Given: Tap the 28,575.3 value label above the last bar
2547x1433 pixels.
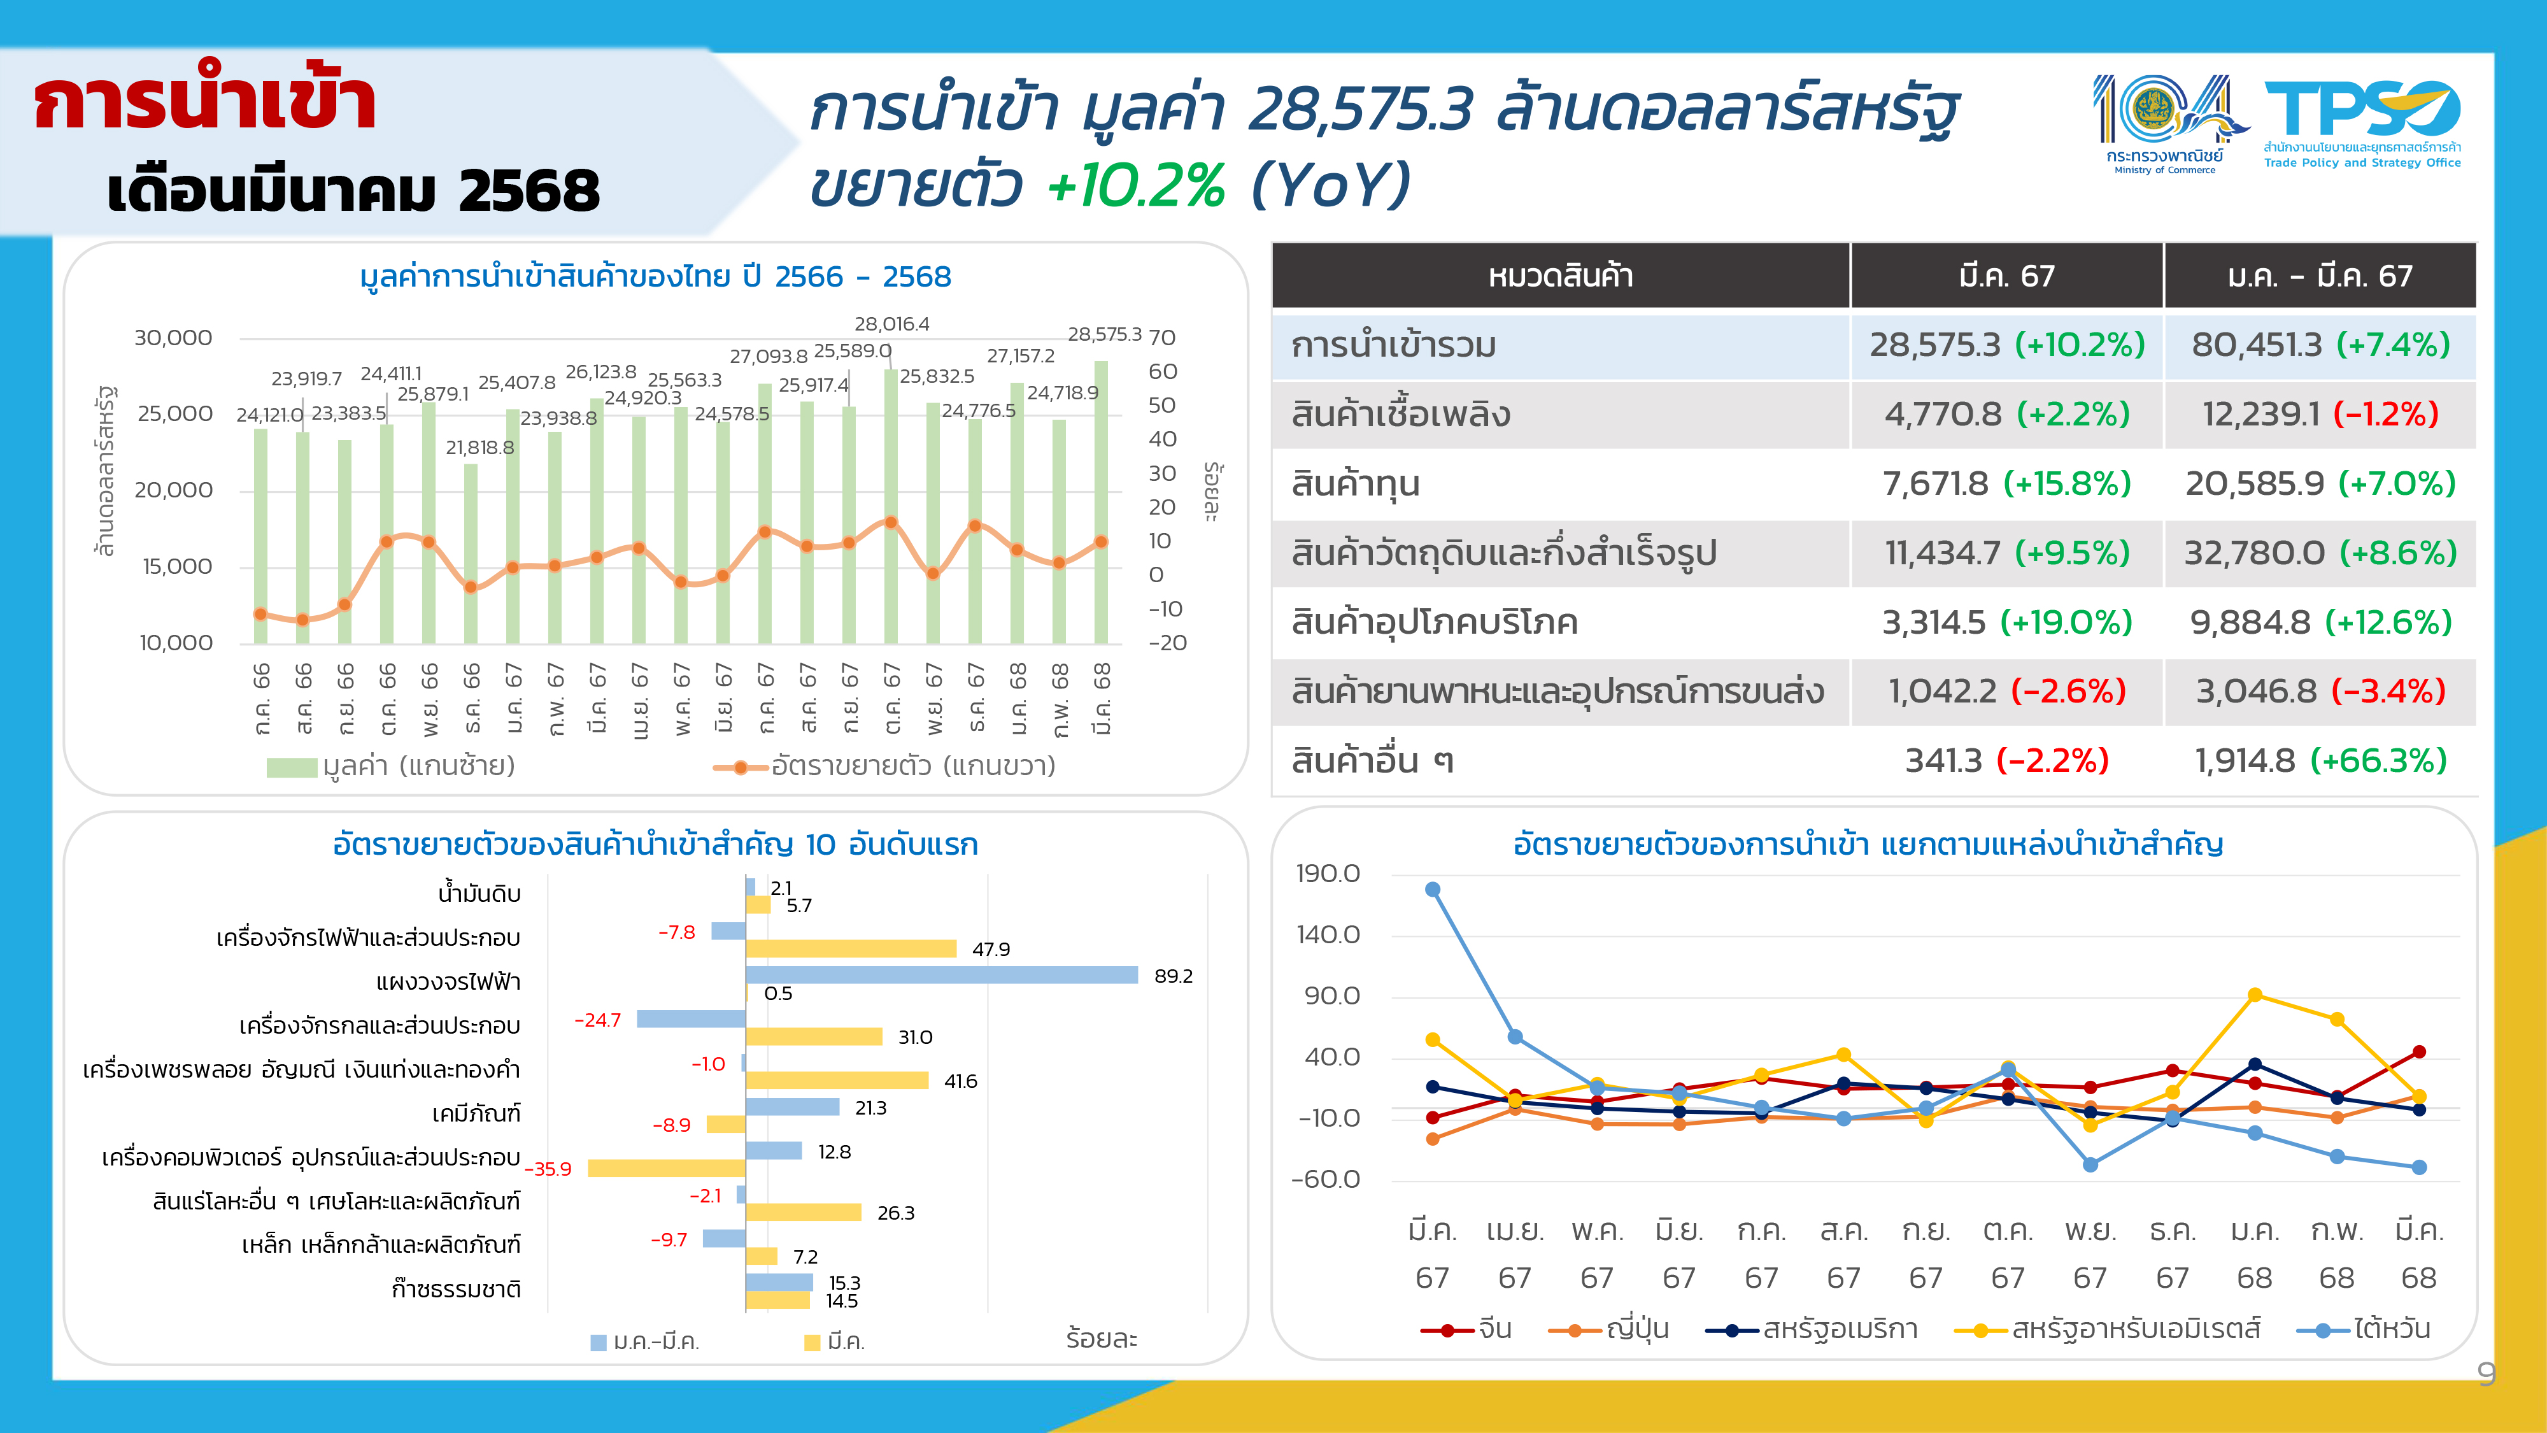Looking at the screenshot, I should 1103,334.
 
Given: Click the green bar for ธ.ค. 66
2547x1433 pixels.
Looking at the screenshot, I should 471,554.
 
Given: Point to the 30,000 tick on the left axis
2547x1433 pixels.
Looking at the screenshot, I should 173,338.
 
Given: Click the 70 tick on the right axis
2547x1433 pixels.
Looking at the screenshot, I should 1162,338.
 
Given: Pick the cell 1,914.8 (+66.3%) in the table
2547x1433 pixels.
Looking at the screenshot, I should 2320,760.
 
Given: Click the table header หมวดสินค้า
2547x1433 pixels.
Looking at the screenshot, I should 1559,276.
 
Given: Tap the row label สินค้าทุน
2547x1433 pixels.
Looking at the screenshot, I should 1354,483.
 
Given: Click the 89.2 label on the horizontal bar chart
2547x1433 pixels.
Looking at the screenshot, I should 1173,976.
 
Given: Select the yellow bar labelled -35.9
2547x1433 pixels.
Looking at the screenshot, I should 665,1168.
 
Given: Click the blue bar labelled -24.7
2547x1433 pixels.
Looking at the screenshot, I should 690,1018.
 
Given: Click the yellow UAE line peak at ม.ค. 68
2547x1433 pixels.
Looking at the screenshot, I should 2254,995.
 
